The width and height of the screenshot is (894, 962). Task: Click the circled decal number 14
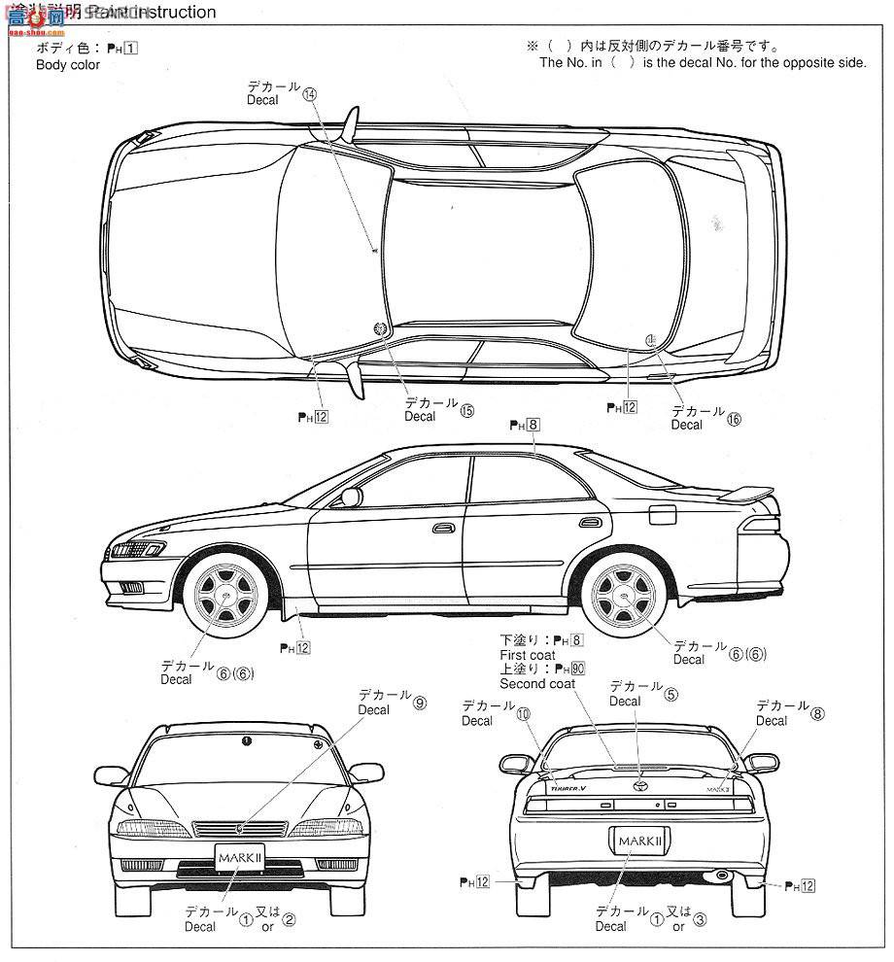(309, 95)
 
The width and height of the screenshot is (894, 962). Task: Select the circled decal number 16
(734, 419)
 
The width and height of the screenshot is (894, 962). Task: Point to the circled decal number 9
(420, 704)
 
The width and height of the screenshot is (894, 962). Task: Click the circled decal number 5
(670, 695)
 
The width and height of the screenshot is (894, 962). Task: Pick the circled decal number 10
(524, 714)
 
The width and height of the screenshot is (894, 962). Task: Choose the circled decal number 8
(817, 713)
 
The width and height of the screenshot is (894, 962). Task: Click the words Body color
(68, 65)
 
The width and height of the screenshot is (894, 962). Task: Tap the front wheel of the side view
(226, 594)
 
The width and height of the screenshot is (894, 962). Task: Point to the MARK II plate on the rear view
(636, 838)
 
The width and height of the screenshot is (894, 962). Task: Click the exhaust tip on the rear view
(719, 877)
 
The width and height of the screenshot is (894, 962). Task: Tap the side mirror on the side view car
(350, 497)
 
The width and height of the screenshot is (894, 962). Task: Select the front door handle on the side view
(444, 528)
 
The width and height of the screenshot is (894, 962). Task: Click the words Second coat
(536, 683)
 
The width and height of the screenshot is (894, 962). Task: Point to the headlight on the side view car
(139, 550)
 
